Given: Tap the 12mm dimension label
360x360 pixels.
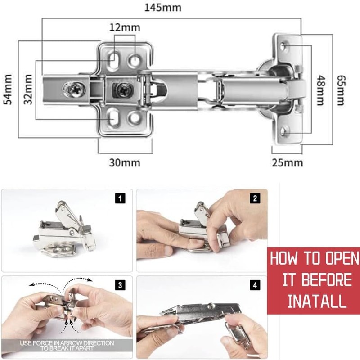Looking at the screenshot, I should [x=124, y=27].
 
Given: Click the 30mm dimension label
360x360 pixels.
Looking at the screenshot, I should [x=125, y=162].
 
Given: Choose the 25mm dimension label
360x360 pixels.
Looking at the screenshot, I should [x=287, y=162].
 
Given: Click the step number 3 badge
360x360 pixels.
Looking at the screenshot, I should [x=120, y=285].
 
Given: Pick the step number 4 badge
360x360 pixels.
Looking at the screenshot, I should [x=255, y=285].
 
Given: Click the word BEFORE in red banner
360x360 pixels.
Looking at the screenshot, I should [x=324, y=279].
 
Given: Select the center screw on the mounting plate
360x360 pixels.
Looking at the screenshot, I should [x=122, y=90].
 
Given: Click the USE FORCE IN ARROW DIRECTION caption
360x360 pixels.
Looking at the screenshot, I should [x=67, y=346].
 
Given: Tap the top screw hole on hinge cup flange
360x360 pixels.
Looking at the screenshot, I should [x=284, y=46].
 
